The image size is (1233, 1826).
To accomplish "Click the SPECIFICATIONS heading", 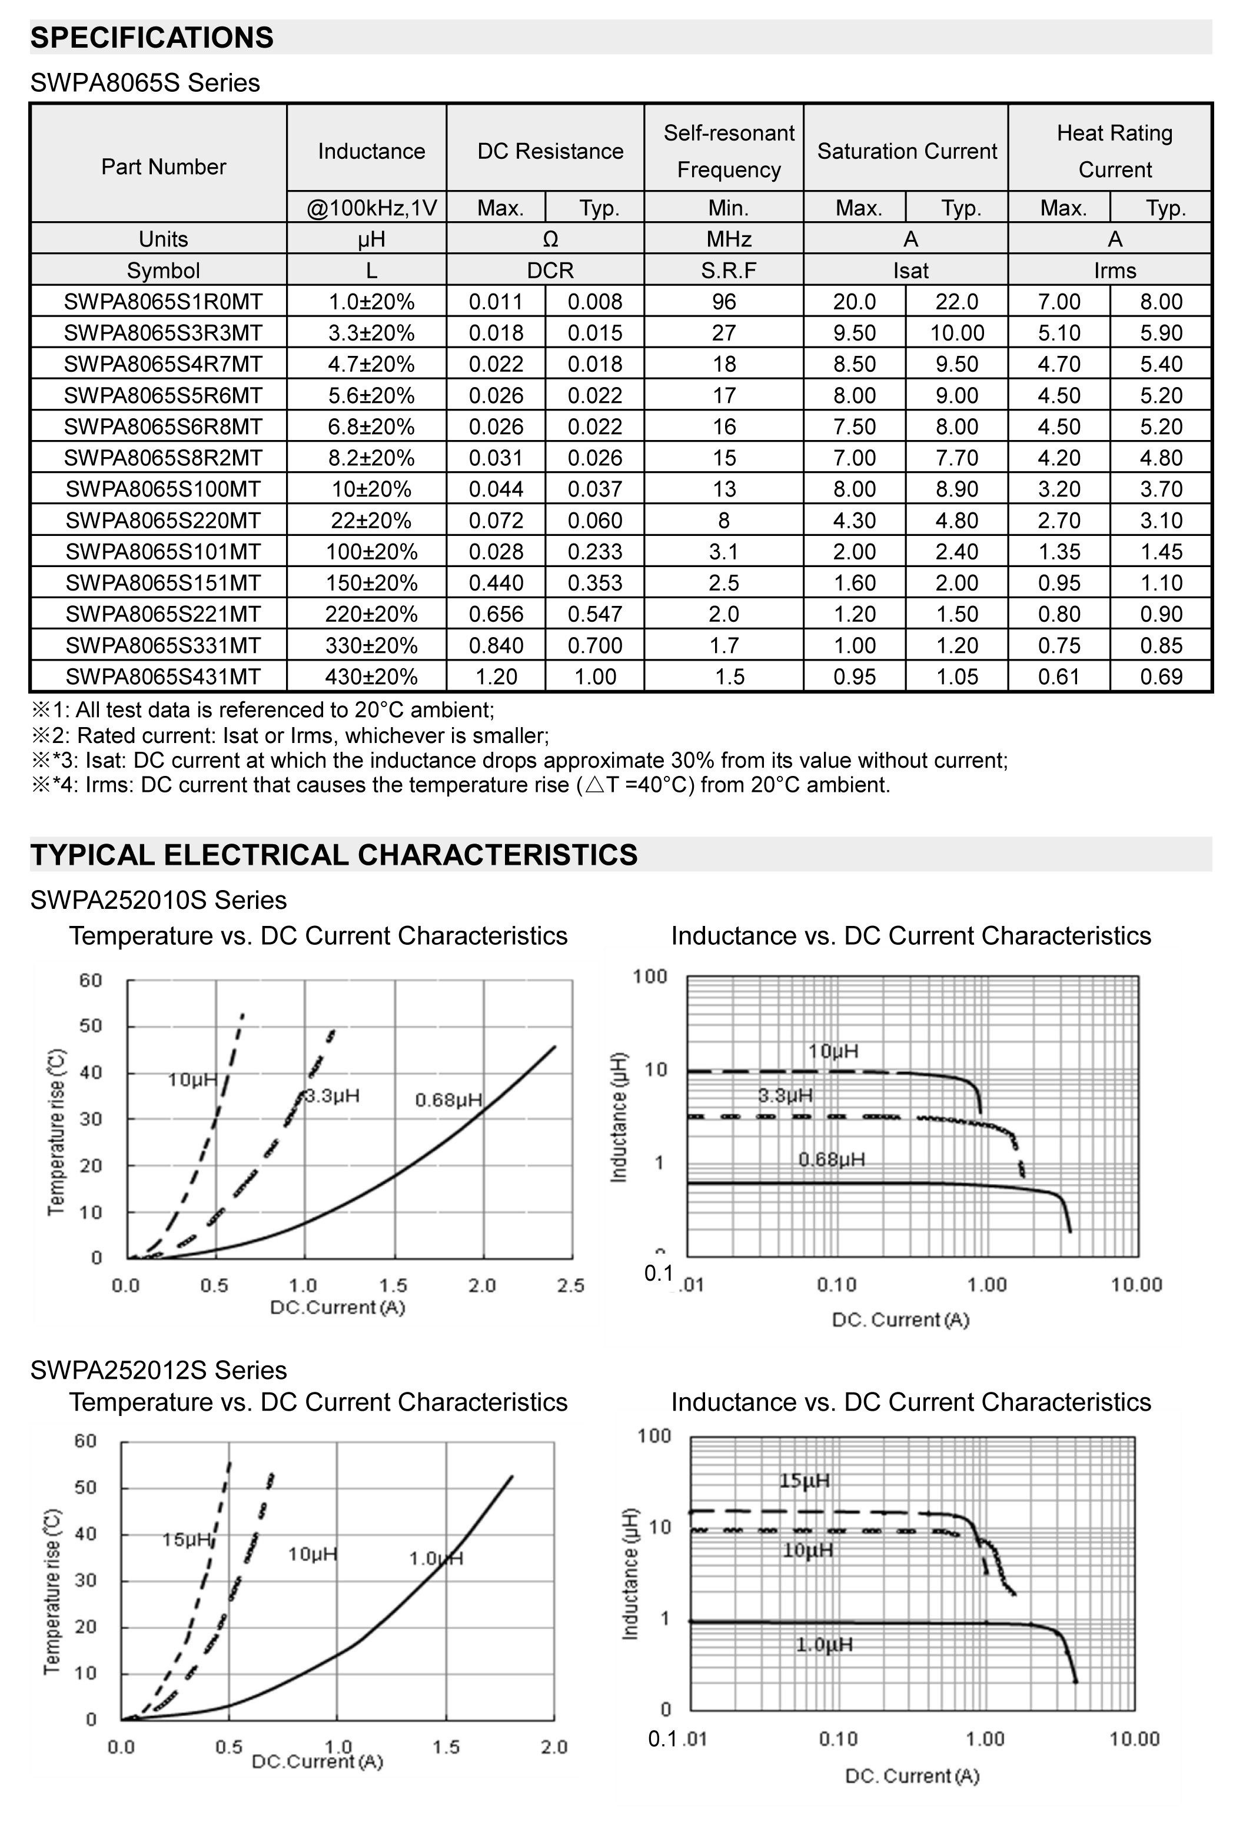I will (152, 38).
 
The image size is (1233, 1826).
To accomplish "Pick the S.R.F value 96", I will (724, 302).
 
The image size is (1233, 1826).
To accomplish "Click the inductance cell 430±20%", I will (371, 677).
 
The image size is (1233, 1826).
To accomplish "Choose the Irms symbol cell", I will (1114, 270).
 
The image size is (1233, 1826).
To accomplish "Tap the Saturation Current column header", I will (906, 151).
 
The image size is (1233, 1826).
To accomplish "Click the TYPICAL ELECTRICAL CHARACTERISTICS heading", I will (333, 855).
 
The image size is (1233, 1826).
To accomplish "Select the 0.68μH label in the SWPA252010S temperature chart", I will (448, 1100).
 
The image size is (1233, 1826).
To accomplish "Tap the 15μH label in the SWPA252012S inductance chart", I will (804, 1480).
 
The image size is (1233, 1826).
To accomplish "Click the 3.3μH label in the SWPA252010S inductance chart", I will (785, 1095).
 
